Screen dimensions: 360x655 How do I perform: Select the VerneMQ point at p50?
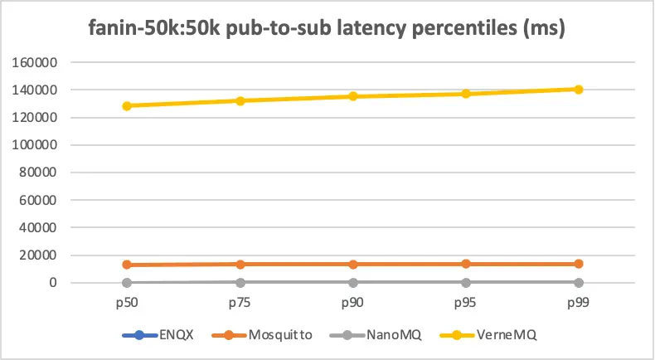(x=127, y=106)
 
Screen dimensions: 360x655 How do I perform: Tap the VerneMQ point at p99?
(x=579, y=90)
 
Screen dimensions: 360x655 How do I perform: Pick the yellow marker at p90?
(x=353, y=96)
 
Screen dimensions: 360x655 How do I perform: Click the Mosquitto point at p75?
(x=240, y=265)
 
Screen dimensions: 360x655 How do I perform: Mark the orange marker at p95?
(x=466, y=264)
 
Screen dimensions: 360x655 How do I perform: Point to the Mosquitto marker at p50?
(x=127, y=265)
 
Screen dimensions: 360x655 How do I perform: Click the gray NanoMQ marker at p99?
(x=579, y=282)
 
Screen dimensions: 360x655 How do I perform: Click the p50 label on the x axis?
(x=127, y=303)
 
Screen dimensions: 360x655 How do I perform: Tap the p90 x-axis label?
(x=353, y=303)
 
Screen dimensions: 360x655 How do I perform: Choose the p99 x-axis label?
(x=579, y=303)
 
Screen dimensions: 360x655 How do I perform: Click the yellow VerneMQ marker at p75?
(x=240, y=101)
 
